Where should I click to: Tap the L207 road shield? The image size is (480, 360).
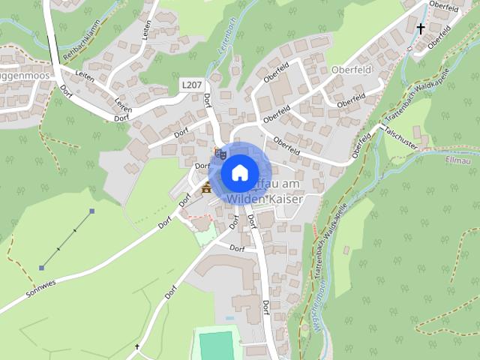pyautogui.click(x=191, y=88)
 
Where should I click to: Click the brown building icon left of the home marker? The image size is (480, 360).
pyautogui.click(x=205, y=187)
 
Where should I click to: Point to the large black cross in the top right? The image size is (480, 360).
pyautogui.click(x=421, y=29)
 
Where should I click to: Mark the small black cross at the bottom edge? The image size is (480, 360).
pyautogui.click(x=137, y=347)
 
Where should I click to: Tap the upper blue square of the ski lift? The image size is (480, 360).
pyautogui.click(x=92, y=211)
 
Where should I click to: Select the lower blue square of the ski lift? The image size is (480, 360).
pyautogui.click(x=42, y=268)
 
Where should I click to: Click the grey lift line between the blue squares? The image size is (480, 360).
pyautogui.click(x=67, y=239)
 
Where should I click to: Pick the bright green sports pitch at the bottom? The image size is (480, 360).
pyautogui.click(x=216, y=345)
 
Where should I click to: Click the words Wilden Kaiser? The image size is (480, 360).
pyautogui.click(x=258, y=199)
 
